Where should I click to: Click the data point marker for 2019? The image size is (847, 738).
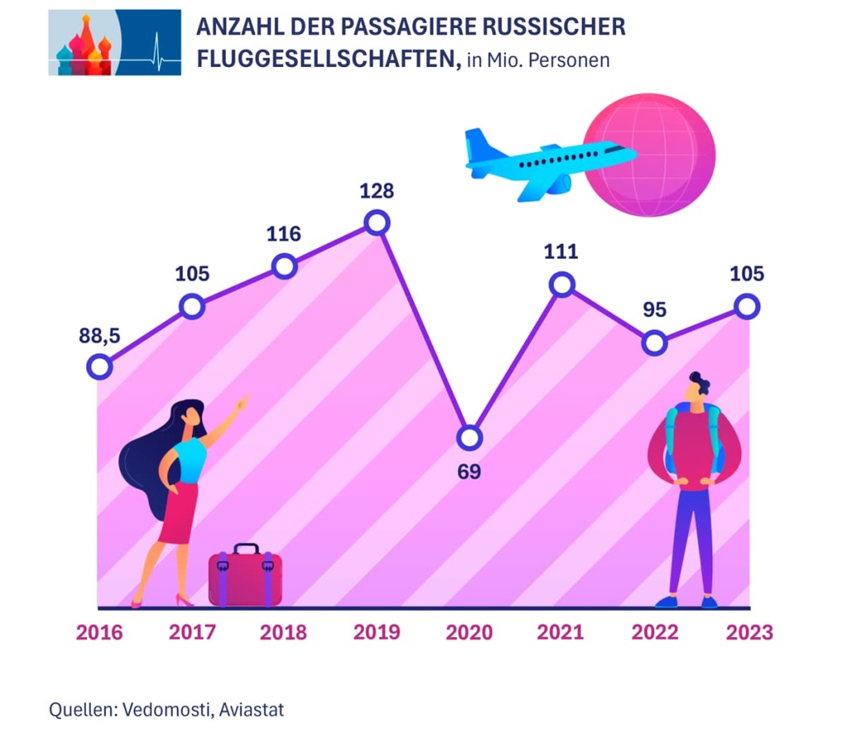(376, 222)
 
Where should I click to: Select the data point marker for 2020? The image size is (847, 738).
(469, 437)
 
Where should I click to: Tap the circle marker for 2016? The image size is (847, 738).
(99, 367)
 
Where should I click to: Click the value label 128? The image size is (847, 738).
(376, 191)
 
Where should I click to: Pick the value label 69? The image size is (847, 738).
(469, 472)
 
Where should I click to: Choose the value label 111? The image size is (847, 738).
(562, 252)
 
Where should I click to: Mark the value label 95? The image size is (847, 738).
(654, 310)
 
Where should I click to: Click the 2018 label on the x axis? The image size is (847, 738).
(284, 633)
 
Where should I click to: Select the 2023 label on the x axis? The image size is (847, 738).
(749, 633)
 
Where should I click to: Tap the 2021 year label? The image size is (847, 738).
(561, 633)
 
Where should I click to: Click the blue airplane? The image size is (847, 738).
(546, 161)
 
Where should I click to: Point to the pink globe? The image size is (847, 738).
(649, 155)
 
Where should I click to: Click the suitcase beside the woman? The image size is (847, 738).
(245, 576)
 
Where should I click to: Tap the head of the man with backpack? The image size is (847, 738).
(697, 388)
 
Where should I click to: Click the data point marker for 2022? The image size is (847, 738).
(654, 342)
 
